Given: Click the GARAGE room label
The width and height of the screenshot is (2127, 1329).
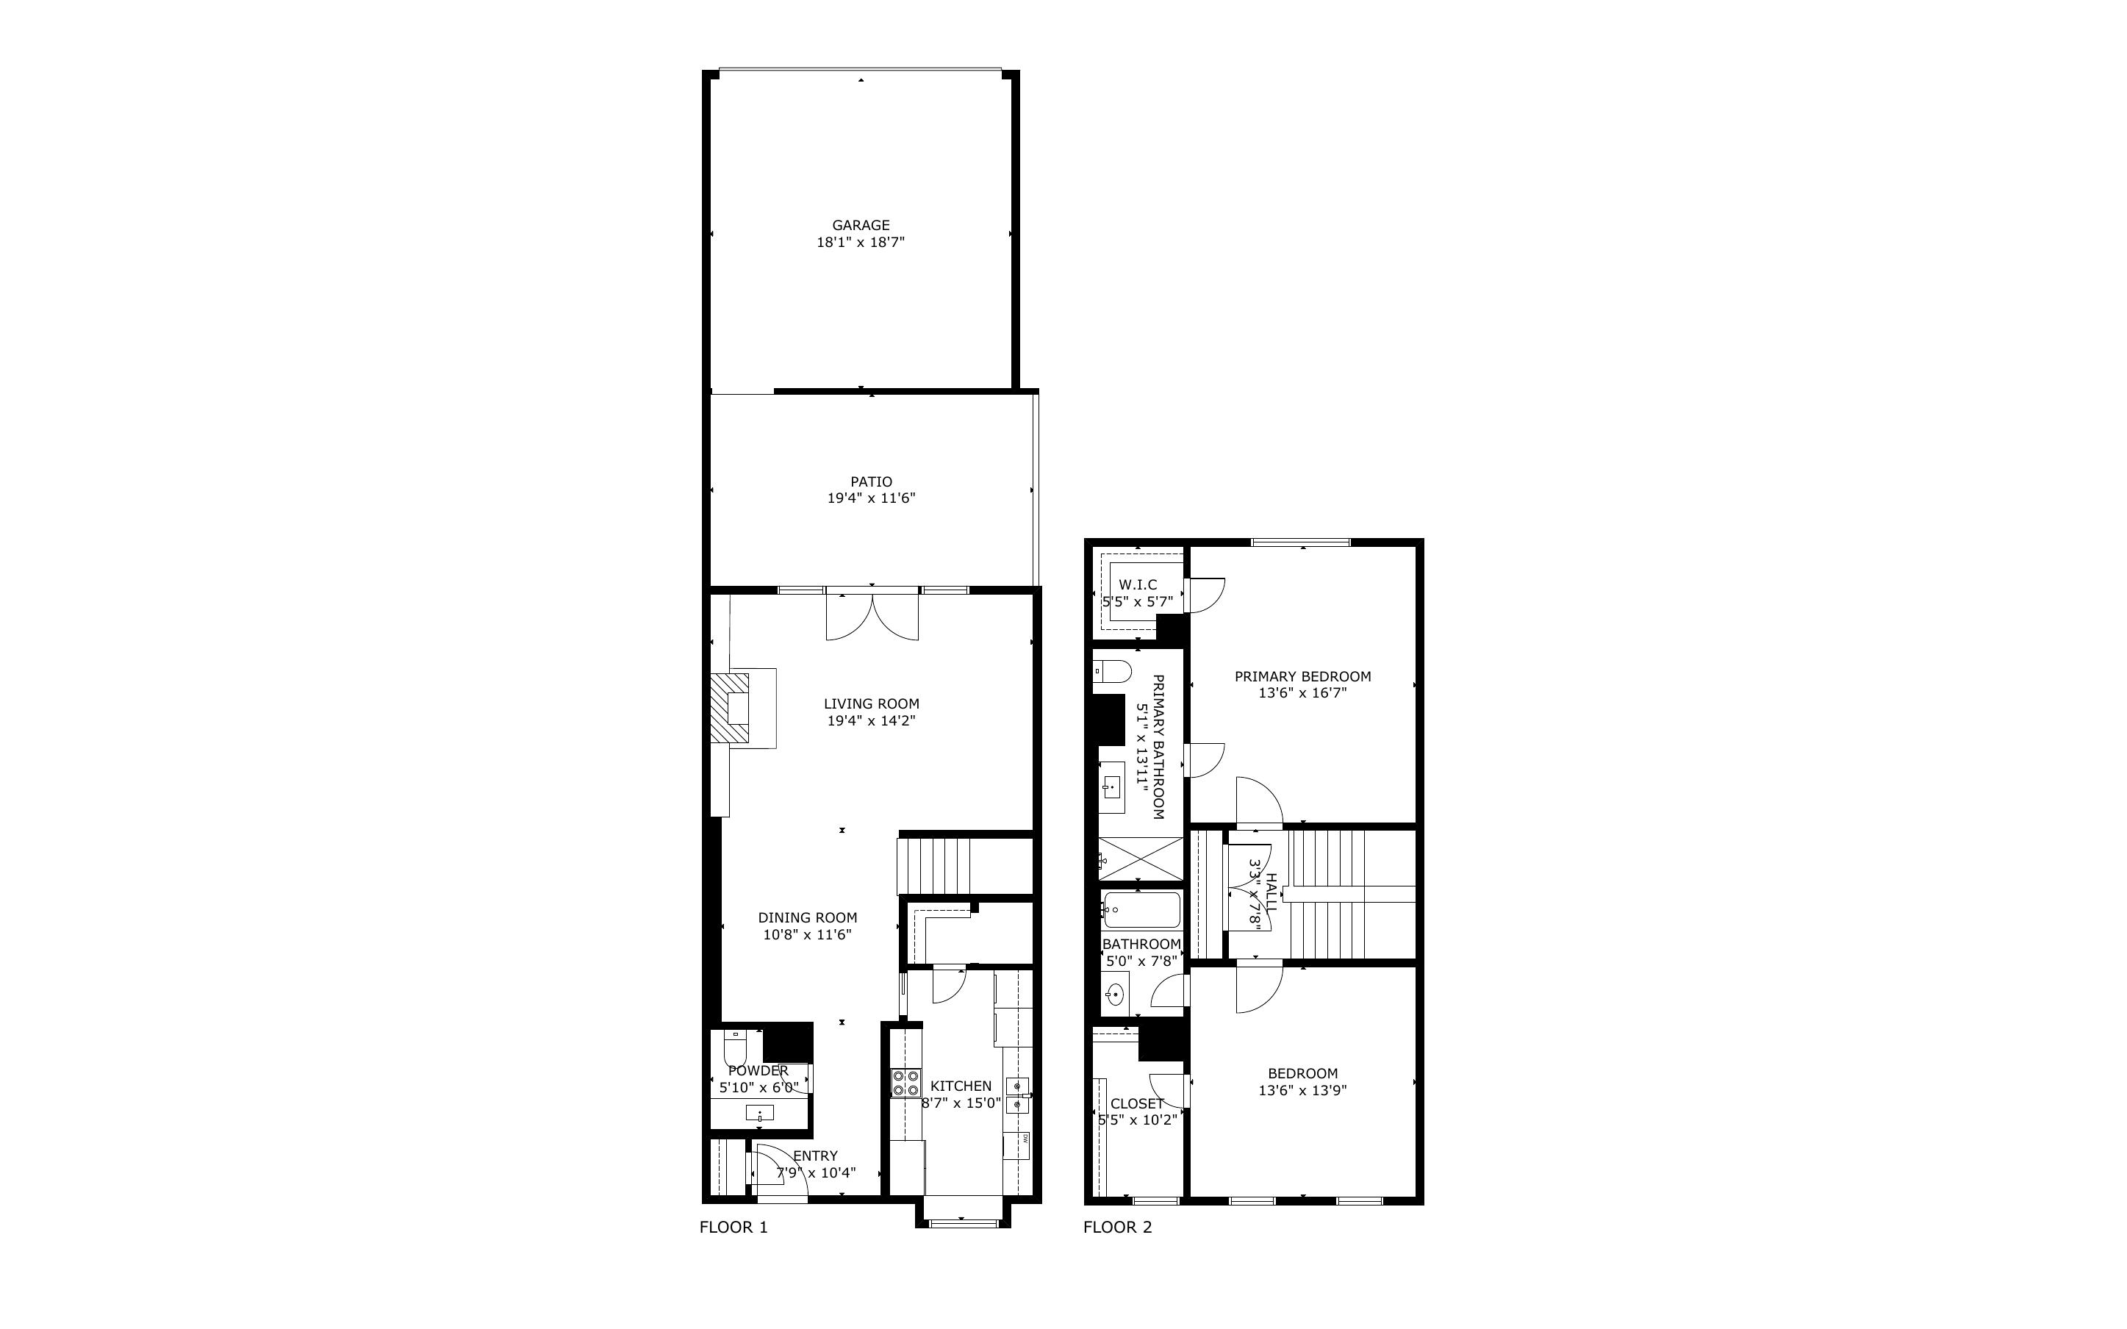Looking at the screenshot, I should pos(860,225).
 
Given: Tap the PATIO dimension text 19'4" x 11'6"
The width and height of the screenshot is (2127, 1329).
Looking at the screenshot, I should pos(871,498).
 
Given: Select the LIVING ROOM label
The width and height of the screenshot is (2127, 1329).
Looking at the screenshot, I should pos(871,703).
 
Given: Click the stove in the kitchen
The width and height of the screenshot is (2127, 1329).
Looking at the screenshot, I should pos(905,1082).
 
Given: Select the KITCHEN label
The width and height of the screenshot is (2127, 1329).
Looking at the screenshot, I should pos(961,1086).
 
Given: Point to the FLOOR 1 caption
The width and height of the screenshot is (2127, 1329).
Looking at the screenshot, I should pos(733,1227).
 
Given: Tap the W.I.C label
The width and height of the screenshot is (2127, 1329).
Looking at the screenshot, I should pos(1138,584).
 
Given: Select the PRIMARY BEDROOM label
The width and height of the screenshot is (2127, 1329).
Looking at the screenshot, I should pos(1302,677).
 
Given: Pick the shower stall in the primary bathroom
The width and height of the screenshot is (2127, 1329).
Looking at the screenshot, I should pos(1141,859).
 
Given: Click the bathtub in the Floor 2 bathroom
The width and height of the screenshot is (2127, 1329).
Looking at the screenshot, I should pos(1141,911).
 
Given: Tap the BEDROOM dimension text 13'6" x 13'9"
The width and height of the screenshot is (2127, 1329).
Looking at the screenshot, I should pos(1302,1090).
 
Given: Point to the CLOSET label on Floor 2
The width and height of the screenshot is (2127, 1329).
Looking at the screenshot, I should pos(1137,1104).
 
